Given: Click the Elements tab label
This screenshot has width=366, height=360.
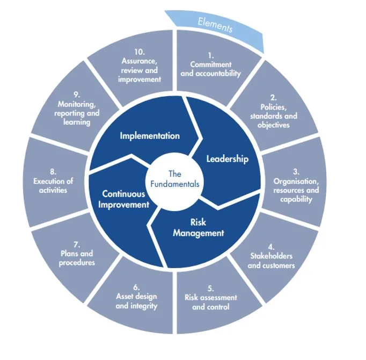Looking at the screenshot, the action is coord(215,25).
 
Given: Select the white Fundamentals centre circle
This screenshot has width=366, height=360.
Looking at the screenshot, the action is coord(175,182).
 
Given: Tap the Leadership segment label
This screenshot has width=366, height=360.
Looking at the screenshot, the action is coord(228,159).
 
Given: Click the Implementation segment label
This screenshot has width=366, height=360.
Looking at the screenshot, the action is coord(150,136).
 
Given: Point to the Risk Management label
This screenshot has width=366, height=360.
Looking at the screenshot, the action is coord(199,228).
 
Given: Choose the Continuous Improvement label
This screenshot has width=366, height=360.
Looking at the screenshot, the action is coord(124,199).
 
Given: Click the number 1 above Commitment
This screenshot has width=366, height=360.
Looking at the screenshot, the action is coord(211,56).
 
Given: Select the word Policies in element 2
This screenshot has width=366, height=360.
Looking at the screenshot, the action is coord(274,107).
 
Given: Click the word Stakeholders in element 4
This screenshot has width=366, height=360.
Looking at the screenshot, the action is coord(271,256).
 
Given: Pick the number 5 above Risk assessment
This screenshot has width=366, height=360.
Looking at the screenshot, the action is coord(210,289).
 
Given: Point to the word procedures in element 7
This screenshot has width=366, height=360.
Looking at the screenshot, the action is coord(77,263).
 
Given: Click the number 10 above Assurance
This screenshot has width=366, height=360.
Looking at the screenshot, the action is coord(140,52).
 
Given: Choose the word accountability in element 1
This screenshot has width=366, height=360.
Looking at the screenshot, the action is coord(218,74).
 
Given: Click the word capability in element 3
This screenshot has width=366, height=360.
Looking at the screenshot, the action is coord(296,200).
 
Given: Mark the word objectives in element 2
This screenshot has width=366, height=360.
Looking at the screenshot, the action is coord(274,125).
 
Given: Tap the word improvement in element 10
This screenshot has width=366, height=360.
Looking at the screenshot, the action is coord(140,80).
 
